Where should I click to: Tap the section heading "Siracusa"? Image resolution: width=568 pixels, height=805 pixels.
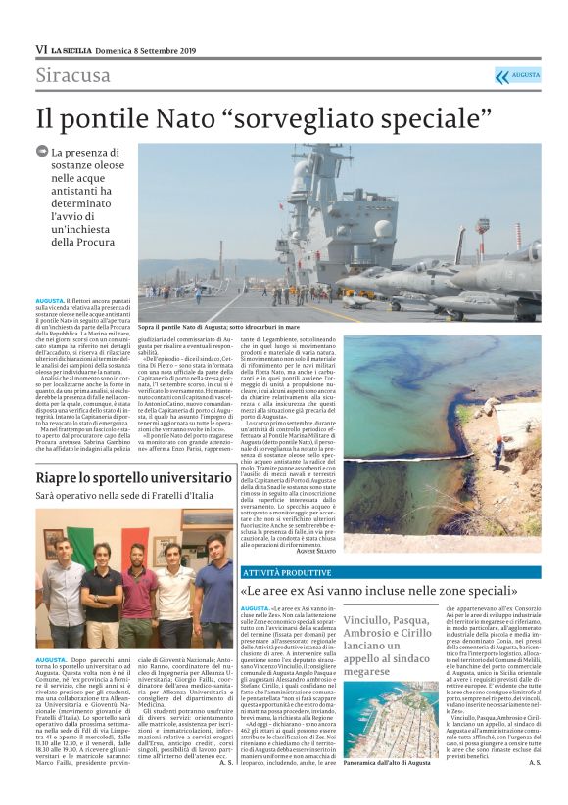[73, 75]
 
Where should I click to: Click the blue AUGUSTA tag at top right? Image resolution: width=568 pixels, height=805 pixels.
[517, 75]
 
